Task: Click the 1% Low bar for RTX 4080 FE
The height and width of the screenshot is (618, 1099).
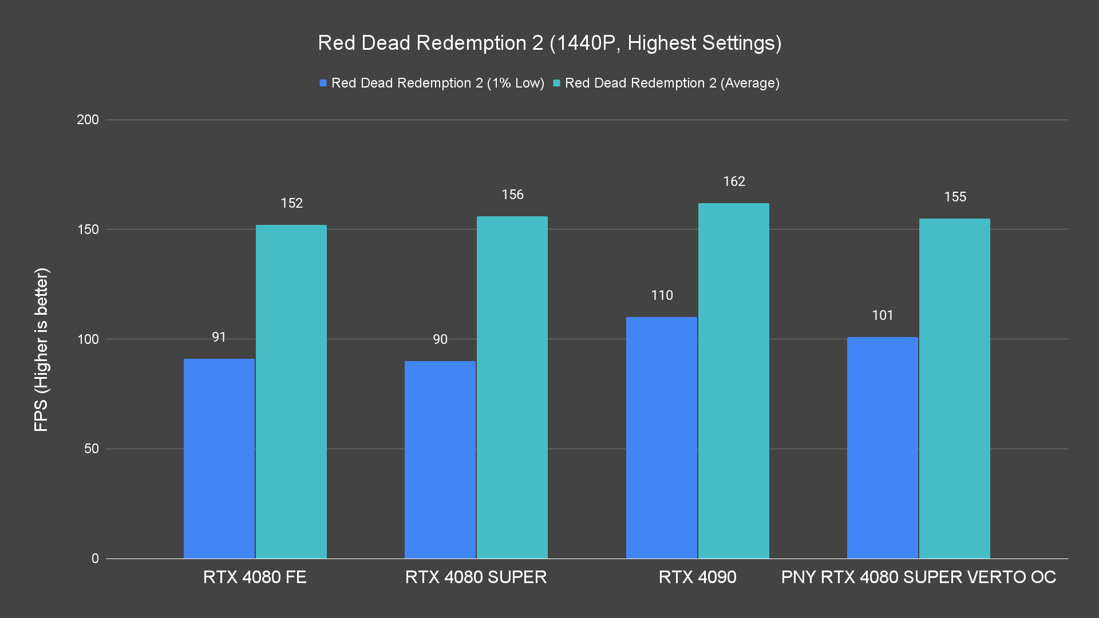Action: [219, 458]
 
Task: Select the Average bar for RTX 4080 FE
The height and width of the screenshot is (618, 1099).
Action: [291, 391]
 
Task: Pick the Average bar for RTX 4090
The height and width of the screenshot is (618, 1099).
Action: [733, 381]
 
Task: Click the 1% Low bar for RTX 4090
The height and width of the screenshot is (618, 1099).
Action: [661, 437]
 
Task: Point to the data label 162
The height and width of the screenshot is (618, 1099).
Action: [734, 181]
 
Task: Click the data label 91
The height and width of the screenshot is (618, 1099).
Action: [219, 337]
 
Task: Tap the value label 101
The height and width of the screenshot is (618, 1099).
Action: [882, 315]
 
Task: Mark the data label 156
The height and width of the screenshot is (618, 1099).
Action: [512, 195]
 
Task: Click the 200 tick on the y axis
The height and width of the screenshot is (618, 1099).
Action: [88, 120]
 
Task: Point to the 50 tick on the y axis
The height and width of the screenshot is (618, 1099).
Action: [91, 449]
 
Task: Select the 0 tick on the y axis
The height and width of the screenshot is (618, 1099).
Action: [95, 558]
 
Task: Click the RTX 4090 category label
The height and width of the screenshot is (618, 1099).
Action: [697, 577]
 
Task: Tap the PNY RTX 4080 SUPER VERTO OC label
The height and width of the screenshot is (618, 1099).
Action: [918, 577]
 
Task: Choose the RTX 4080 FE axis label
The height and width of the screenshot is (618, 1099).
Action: [255, 577]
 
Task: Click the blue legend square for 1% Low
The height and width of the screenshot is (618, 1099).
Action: [323, 84]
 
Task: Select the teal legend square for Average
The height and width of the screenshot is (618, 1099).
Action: [556, 84]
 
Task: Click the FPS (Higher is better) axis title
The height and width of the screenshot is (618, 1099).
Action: [41, 349]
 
